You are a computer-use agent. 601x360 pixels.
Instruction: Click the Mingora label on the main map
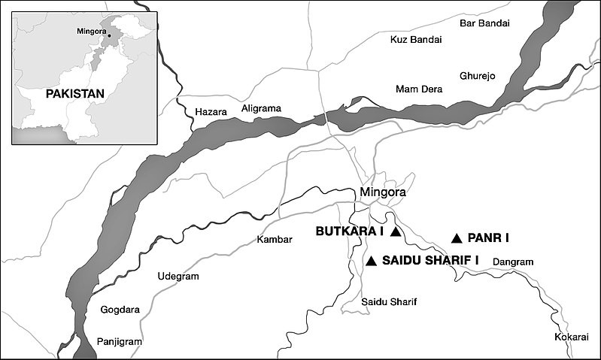(x=383, y=192)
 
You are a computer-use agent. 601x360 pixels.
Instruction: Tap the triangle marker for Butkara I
(x=396, y=232)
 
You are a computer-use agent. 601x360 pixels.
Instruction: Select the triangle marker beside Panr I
(x=456, y=238)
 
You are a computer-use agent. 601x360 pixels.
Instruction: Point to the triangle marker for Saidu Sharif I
(x=370, y=261)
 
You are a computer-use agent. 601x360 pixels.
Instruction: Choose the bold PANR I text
(x=488, y=238)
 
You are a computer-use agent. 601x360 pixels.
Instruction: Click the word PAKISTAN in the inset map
(x=73, y=94)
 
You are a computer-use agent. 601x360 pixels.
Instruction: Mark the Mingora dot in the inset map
(x=108, y=35)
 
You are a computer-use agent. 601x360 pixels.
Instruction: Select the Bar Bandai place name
(x=484, y=23)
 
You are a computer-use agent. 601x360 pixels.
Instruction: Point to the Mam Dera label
(x=419, y=89)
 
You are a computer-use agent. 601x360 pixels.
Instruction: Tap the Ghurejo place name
(x=478, y=76)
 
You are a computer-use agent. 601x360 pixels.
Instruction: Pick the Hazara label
(x=210, y=112)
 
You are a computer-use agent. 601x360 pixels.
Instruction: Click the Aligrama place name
(x=261, y=108)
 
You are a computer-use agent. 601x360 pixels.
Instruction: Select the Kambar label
(x=273, y=240)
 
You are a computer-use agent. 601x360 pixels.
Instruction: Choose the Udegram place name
(x=178, y=277)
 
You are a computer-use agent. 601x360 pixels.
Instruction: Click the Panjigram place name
(x=120, y=341)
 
